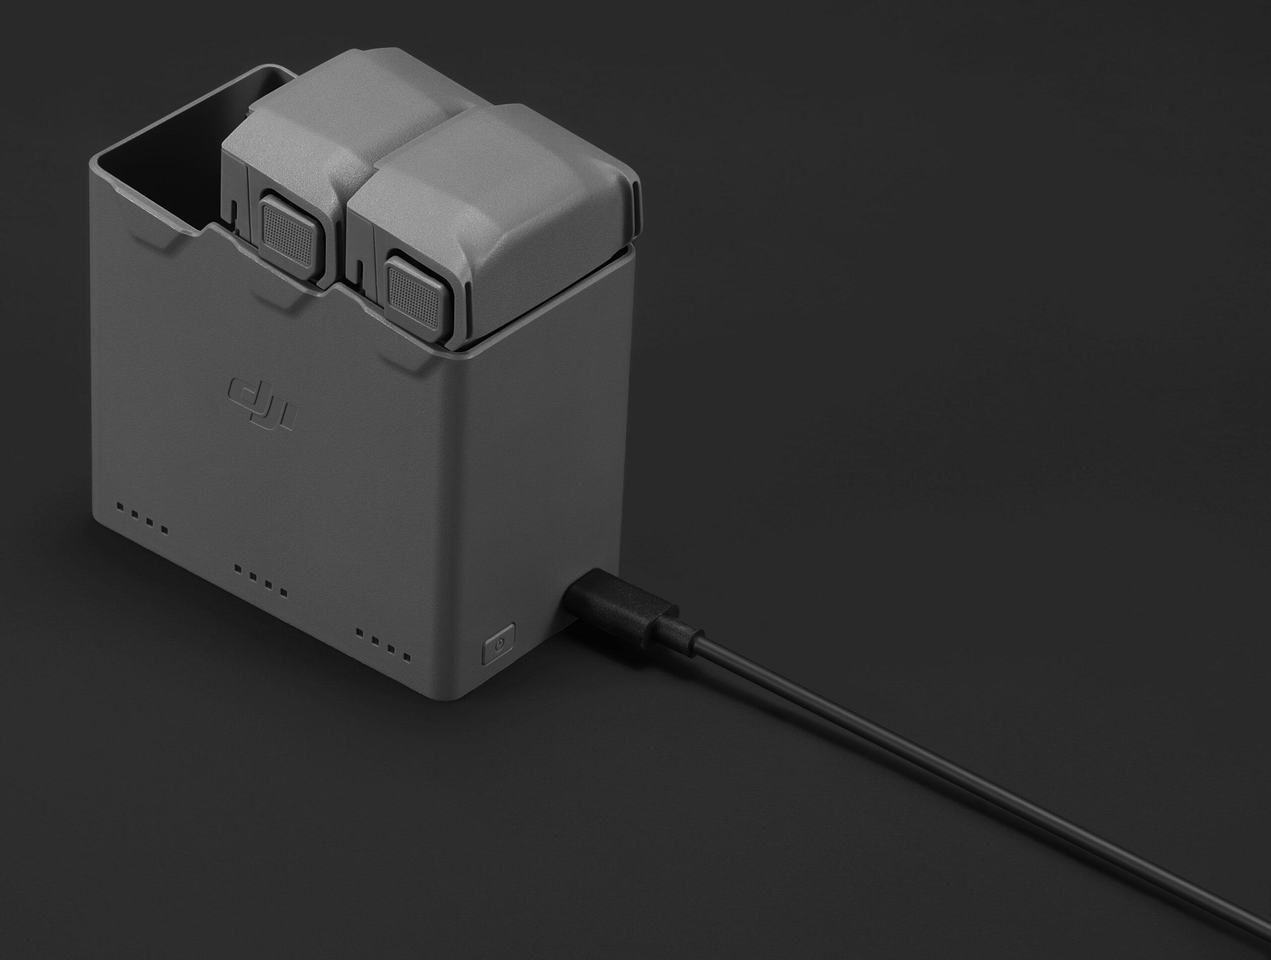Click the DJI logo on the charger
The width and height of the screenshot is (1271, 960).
tap(262, 405)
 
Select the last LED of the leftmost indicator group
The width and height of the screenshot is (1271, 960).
tap(164, 530)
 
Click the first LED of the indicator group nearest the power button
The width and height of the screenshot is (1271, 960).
tap(359, 632)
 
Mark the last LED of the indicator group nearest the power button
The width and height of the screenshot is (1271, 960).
tap(407, 657)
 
